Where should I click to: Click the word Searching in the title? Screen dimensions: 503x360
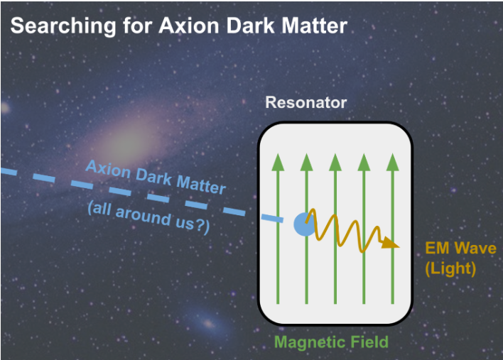(x=63, y=26)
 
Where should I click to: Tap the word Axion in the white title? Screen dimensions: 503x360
(x=189, y=26)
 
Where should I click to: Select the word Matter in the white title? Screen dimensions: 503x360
(x=314, y=26)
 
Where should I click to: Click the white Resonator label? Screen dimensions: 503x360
(x=306, y=102)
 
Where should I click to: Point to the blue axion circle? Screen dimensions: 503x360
(x=304, y=224)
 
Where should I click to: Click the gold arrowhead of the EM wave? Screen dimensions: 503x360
(x=390, y=243)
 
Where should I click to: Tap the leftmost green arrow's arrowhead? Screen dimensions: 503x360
(x=278, y=162)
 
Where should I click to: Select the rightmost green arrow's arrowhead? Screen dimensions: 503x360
(x=392, y=162)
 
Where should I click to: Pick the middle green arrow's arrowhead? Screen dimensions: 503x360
(x=335, y=162)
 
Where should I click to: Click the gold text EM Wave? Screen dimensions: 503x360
(x=460, y=248)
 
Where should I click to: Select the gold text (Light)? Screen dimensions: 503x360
(x=450, y=268)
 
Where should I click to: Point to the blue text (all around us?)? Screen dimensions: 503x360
(x=149, y=217)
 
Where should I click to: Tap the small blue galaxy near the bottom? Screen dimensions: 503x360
(x=208, y=323)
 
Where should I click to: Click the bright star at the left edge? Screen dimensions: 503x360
(x=4, y=108)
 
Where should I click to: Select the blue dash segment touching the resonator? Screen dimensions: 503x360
(x=272, y=218)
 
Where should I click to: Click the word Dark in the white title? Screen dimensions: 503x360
(x=250, y=26)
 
